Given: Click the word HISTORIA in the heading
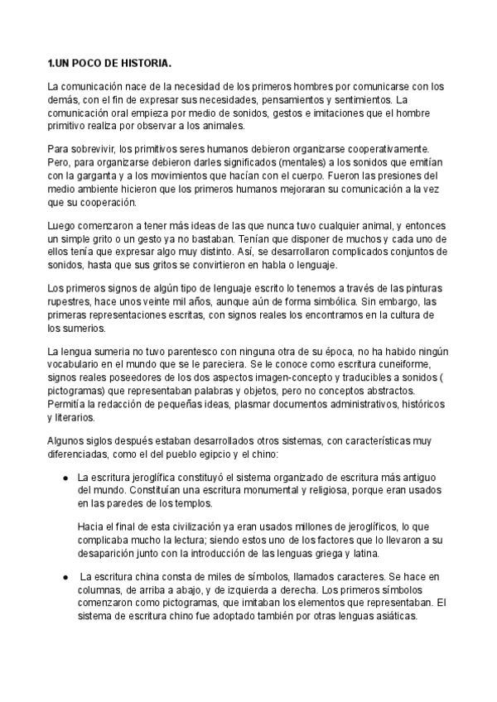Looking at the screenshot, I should tap(147, 64).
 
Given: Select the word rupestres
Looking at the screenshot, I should tap(71, 302).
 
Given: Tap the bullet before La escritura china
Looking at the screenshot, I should tap(65, 575).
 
